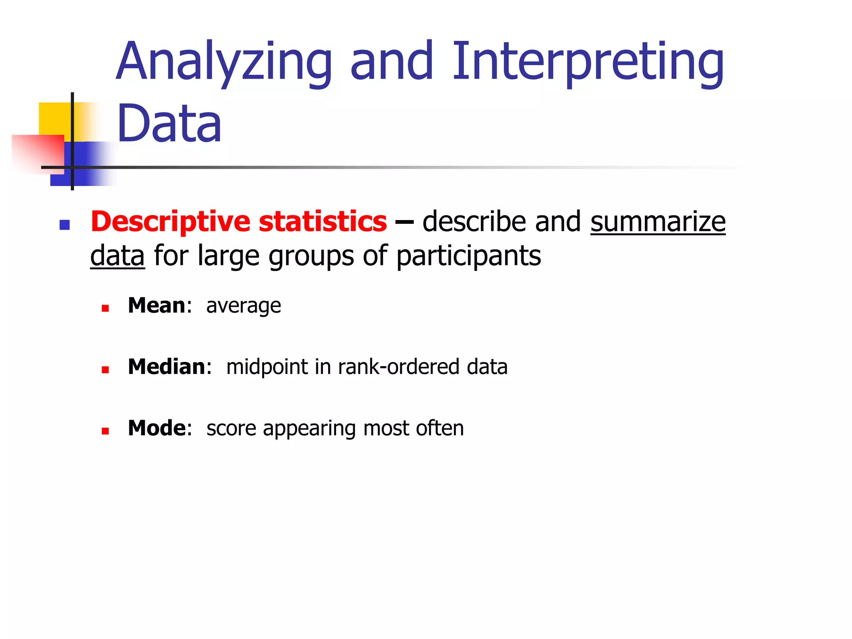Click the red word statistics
[322, 222]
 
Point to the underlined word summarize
[658, 222]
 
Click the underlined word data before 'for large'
[117, 255]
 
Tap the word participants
[468, 256]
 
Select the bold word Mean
[156, 306]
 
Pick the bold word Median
[166, 367]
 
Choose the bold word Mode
[157, 428]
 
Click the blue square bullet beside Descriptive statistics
[64, 225]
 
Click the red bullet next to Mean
[105, 308]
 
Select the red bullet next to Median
[105, 369]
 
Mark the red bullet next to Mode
[105, 431]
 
